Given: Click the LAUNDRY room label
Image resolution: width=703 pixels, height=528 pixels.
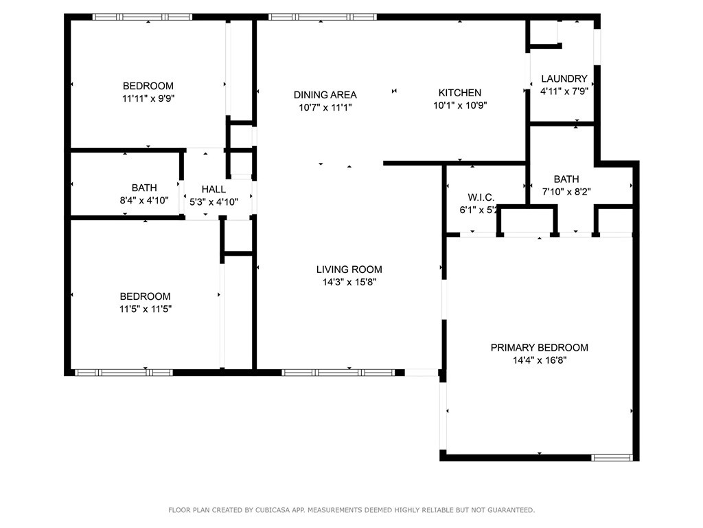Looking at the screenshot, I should pos(564,78).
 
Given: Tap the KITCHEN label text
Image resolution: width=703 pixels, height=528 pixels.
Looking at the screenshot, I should pos(459,93).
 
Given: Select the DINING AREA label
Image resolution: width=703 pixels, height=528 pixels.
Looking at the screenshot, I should pos(325,95).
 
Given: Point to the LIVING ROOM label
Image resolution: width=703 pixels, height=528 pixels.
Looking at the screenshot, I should pos(349,269).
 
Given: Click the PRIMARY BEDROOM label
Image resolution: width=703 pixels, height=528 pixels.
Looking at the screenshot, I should pos(539,348).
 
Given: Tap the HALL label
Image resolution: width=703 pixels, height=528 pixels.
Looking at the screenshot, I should pos(214,189).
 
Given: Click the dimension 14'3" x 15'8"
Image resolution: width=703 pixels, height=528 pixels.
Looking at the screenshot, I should pos(349,282).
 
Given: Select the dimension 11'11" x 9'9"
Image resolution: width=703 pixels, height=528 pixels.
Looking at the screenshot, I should pos(148,98).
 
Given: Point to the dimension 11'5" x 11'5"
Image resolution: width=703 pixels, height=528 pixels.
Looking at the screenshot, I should pos(145,309).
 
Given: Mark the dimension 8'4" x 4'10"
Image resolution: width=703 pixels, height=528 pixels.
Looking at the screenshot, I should pos(144,201).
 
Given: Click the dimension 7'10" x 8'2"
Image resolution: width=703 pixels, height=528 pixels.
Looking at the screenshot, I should pos(566,192).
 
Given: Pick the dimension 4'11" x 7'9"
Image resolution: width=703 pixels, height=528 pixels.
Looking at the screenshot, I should pos(564,91).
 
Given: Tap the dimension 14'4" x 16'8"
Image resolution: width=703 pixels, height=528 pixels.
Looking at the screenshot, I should pos(539,360).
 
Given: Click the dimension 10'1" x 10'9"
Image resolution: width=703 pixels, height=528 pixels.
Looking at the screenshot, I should pos(459,105).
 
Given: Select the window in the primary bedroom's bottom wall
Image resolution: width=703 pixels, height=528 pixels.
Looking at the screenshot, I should pos(612,456).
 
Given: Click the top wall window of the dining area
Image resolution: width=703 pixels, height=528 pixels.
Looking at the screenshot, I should pos(322,16).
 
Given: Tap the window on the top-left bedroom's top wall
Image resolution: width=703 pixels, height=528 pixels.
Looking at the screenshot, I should pos(142,16).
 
